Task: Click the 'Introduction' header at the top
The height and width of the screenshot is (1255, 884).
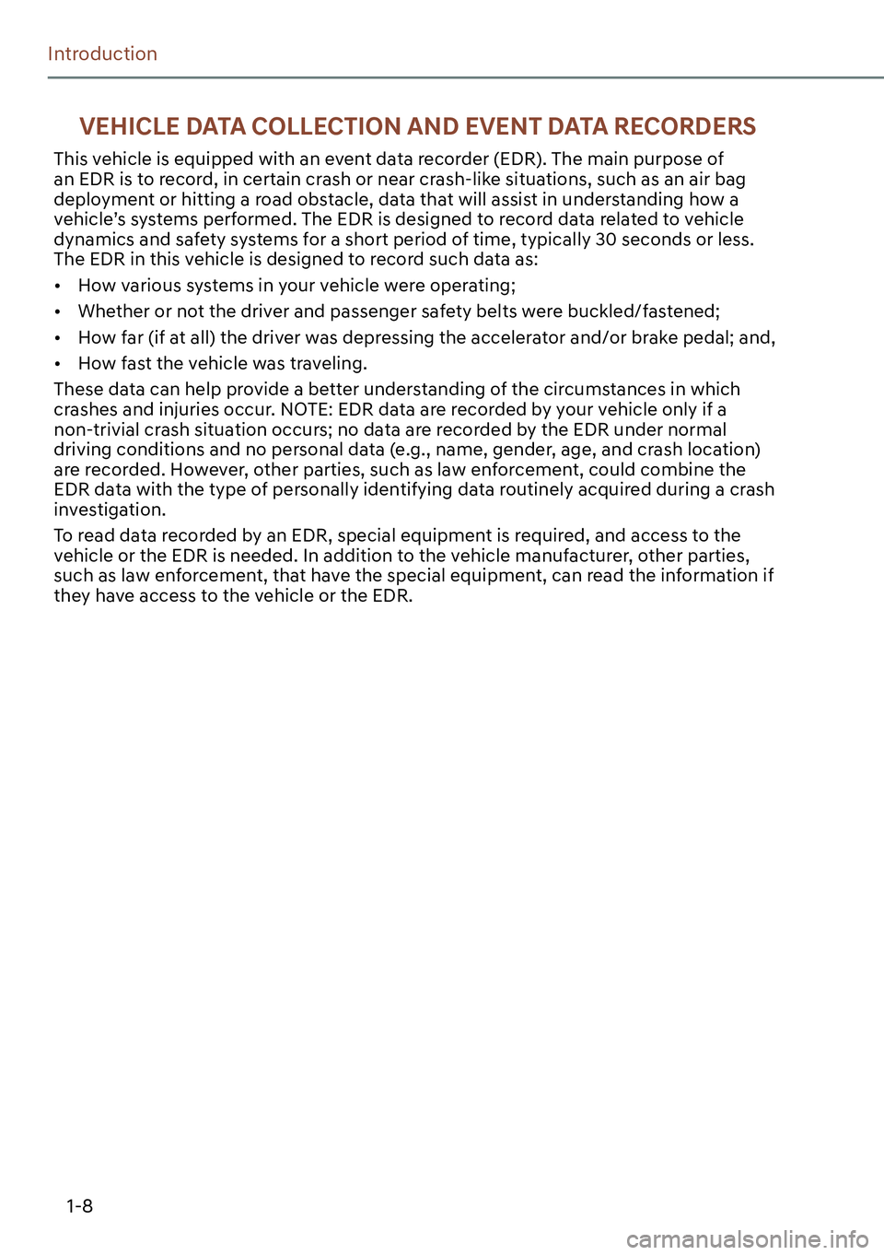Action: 102,54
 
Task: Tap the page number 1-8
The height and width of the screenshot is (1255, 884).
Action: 79,1206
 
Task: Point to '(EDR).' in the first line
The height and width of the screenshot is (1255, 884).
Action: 519,159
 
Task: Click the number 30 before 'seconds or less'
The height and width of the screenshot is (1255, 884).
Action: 606,240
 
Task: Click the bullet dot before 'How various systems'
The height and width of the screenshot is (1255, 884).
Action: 57,287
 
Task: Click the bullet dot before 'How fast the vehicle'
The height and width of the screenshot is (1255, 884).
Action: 57,364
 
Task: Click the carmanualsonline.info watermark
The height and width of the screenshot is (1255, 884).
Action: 747,1239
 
